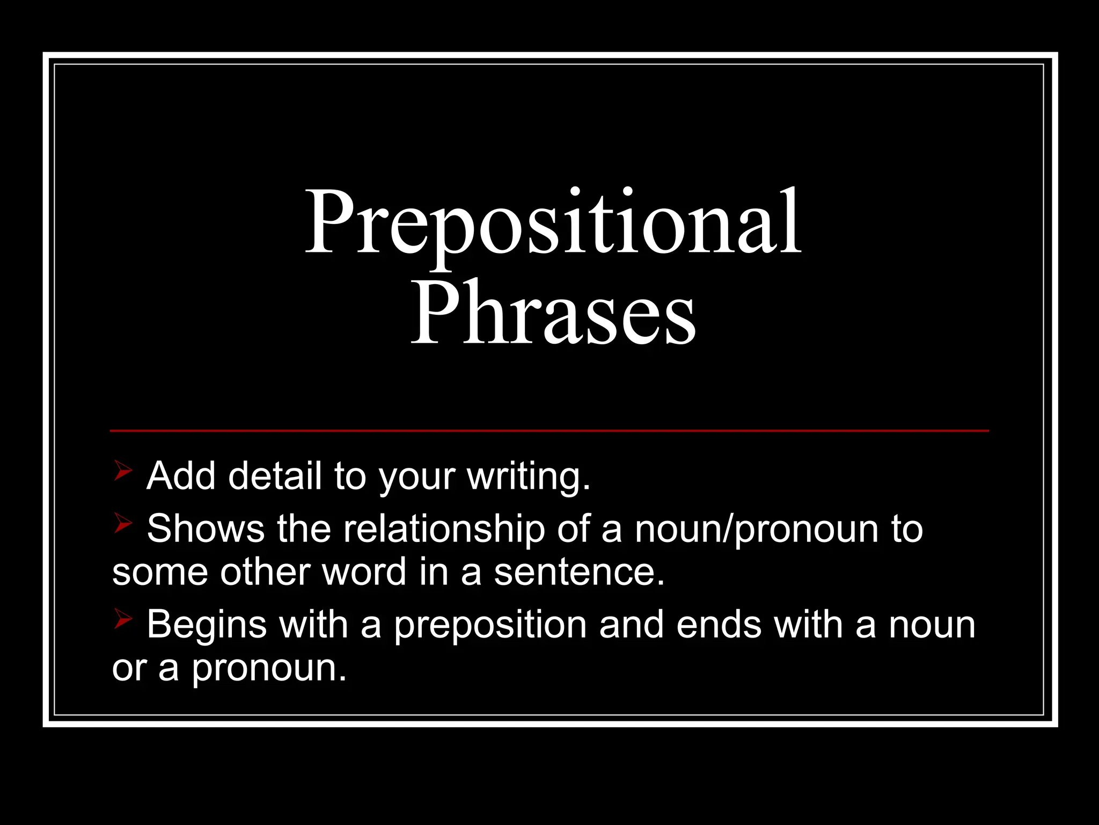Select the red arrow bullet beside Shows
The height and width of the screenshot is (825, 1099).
pyautogui.click(x=123, y=523)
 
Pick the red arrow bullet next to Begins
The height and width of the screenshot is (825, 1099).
pyautogui.click(x=123, y=620)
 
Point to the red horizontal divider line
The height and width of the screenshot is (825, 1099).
pyautogui.click(x=549, y=430)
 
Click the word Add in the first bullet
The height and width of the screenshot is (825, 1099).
pyautogui.click(x=181, y=476)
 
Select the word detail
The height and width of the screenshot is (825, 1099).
pyautogui.click(x=274, y=476)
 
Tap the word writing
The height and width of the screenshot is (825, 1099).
pyautogui.click(x=529, y=477)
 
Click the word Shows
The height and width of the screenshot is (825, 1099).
pyautogui.click(x=206, y=529)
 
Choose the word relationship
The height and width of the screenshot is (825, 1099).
pyautogui.click(x=444, y=530)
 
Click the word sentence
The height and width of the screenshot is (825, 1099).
pyautogui.click(x=579, y=571)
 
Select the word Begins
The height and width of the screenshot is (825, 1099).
pyautogui.click(x=207, y=625)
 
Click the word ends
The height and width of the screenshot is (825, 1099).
pyautogui.click(x=719, y=625)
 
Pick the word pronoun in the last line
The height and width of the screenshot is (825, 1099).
pyautogui.click(x=269, y=669)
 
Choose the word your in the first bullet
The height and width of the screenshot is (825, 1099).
pyautogui.click(x=416, y=477)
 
